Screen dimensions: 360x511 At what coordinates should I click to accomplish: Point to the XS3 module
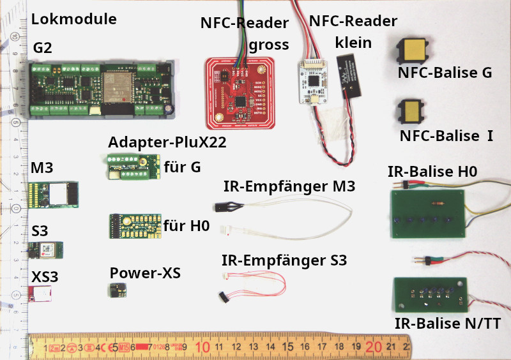(x=42, y=293)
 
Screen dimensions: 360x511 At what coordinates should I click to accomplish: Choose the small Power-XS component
(x=117, y=291)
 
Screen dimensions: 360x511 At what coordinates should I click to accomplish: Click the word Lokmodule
(x=74, y=19)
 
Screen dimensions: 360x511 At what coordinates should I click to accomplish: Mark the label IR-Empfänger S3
(x=284, y=260)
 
